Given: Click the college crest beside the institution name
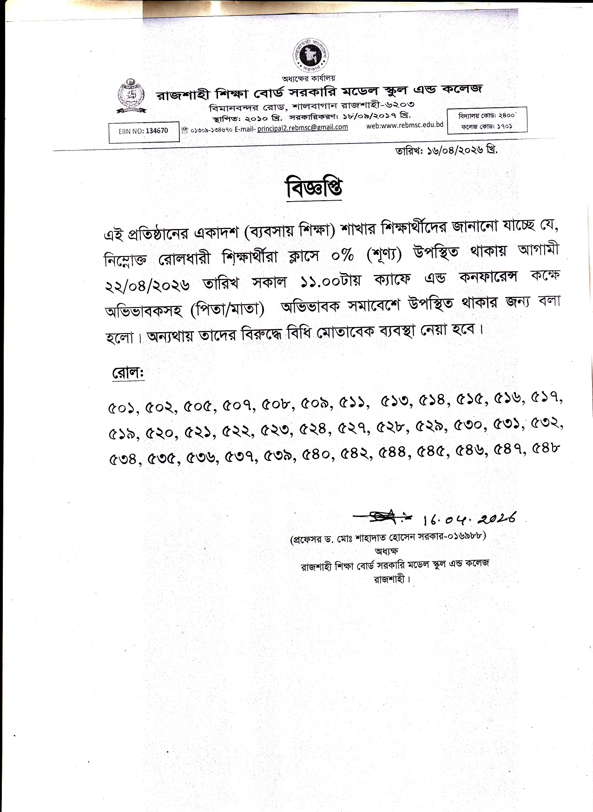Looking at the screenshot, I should coord(132,97).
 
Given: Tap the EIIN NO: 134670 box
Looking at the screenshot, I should coord(144,131).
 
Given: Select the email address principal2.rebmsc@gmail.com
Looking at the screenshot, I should coord(302,127).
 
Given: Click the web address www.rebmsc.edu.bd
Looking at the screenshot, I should coord(405,125).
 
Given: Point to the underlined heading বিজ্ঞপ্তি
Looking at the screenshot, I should coord(314,188).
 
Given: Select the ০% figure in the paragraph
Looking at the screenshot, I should coord(342,255).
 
